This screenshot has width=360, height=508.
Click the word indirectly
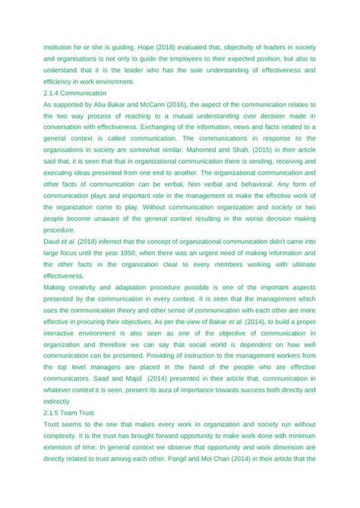57,400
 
